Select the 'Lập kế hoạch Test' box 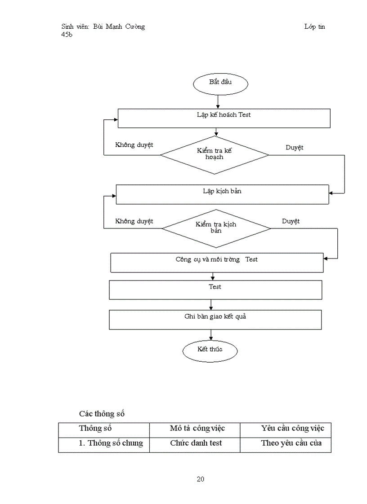[224, 118]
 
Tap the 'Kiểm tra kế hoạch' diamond [215, 155]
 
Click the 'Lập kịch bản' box [222, 194]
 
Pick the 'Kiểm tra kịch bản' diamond [216, 228]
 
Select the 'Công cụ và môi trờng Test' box [217, 263]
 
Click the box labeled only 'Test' [215, 289]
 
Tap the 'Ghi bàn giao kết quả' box [215, 320]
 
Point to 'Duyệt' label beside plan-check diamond [295, 147]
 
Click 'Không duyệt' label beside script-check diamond [134, 221]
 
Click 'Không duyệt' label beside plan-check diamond [134, 145]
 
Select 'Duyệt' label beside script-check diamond [291, 221]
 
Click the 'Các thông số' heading [102, 413]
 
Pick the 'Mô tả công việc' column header [197, 428]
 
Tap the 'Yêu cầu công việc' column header [292, 428]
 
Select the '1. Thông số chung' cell [111, 443]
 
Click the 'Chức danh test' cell [196, 443]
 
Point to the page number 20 [201, 479]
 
